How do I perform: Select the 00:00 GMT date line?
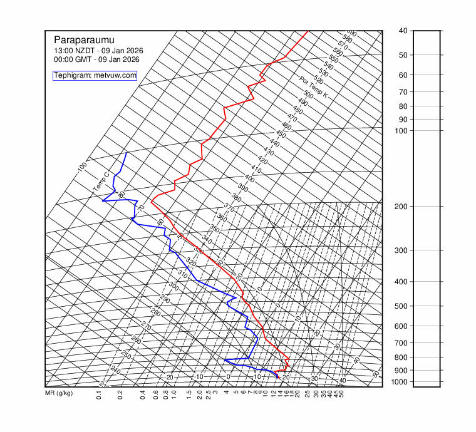point(96,59)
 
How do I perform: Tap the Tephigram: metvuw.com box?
point(95,75)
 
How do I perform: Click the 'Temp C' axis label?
point(101,182)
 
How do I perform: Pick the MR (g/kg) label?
point(59,393)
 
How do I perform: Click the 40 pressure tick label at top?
point(402,31)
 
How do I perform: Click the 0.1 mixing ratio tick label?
point(99,395)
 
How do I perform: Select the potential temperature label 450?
point(281,135)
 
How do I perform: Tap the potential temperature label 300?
point(173,286)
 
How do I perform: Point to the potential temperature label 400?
point(249,178)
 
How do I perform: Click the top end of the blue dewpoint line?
point(127,153)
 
